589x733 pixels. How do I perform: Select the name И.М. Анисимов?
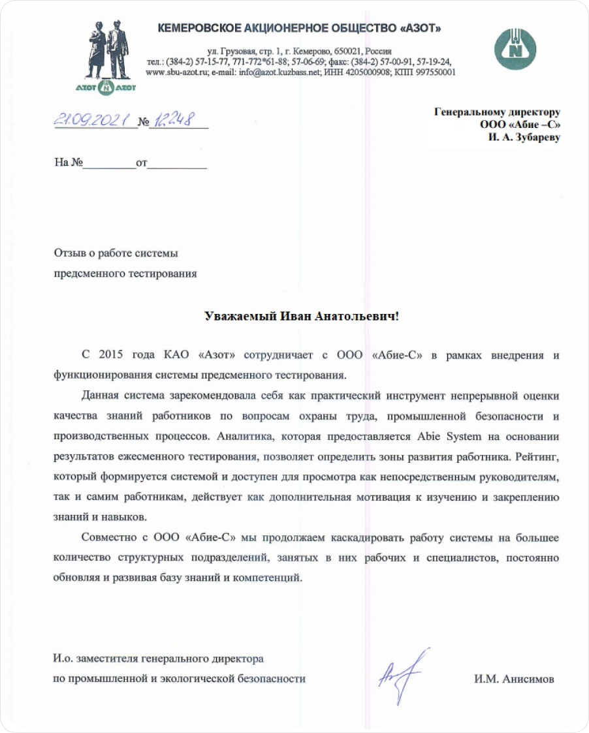coord(514,679)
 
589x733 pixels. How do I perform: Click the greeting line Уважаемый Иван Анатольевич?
coord(301,317)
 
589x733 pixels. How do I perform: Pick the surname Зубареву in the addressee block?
coord(532,138)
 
